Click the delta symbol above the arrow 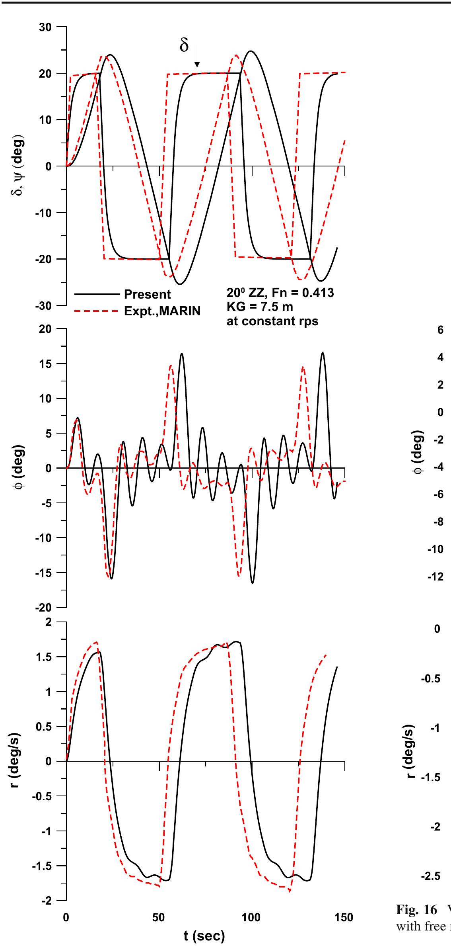tap(184, 45)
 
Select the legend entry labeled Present tap(147, 295)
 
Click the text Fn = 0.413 tap(307, 293)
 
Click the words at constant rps tap(272, 321)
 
